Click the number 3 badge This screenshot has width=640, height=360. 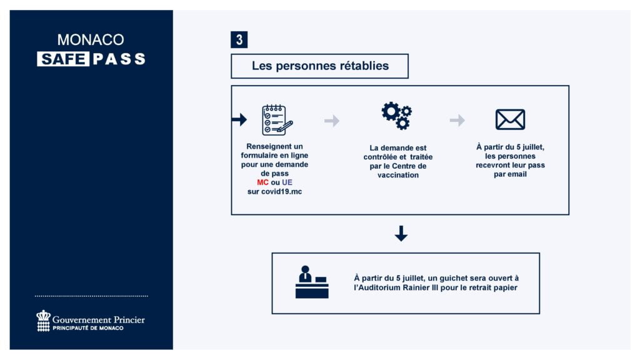tap(239, 40)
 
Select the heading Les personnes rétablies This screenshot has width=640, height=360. tap(320, 66)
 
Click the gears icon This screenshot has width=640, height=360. tap(397, 115)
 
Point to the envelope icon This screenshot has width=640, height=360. tap(510, 119)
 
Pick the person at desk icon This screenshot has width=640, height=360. tap(311, 282)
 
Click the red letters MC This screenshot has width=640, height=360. tap(262, 182)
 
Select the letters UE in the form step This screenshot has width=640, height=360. tap(287, 182)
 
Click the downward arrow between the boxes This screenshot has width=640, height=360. tap(401, 234)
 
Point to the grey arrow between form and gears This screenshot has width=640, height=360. tap(332, 121)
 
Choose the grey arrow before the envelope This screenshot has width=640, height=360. tap(457, 121)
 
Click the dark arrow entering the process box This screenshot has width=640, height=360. tap(239, 119)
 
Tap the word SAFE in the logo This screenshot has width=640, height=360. tap(62, 59)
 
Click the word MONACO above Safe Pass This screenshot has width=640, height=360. tap(91, 40)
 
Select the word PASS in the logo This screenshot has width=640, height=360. tap(119, 59)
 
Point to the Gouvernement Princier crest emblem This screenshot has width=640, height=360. tap(43, 321)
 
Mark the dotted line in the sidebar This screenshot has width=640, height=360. tap(91, 296)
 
